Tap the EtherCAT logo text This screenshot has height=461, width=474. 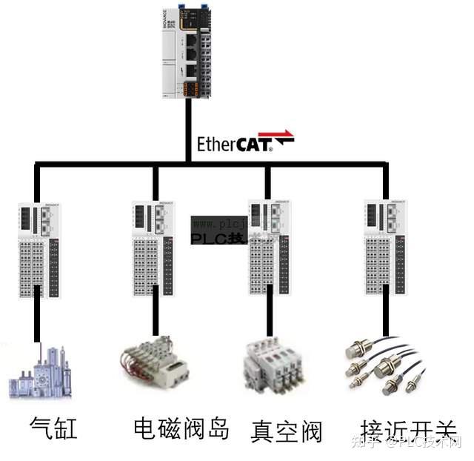point(234,142)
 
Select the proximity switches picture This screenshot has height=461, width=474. point(384,367)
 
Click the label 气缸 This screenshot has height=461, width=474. point(53,428)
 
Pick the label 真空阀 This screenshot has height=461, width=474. point(287,431)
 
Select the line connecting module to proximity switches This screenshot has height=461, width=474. point(385,319)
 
